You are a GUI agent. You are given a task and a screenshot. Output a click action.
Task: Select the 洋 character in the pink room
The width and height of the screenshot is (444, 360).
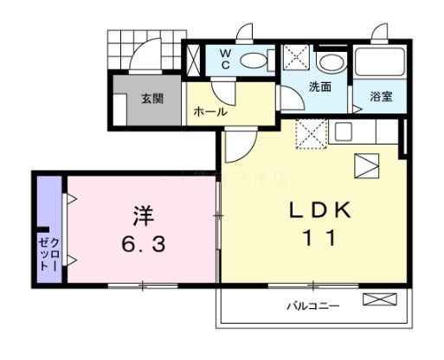pyautogui.click(x=143, y=212)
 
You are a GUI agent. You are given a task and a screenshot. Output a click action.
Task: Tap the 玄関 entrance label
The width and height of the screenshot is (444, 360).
pyautogui.click(x=153, y=98)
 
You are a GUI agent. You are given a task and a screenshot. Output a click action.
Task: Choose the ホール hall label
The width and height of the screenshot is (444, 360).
pyautogui.click(x=210, y=112)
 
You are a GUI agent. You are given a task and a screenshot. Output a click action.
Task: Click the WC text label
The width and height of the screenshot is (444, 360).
pyautogui.click(x=224, y=59)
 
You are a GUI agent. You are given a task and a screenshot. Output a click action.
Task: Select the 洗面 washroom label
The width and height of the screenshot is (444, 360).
pyautogui.click(x=320, y=88)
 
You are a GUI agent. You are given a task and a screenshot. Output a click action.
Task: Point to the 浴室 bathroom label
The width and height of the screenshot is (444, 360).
pyautogui.click(x=382, y=95)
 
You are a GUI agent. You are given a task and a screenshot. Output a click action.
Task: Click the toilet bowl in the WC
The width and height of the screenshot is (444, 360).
pyautogui.click(x=254, y=59)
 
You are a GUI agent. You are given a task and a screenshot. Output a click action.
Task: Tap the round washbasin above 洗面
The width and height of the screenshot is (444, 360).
pyautogui.click(x=328, y=62)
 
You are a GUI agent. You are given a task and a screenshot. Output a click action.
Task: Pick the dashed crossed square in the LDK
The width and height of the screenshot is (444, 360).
pyautogui.click(x=309, y=132)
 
